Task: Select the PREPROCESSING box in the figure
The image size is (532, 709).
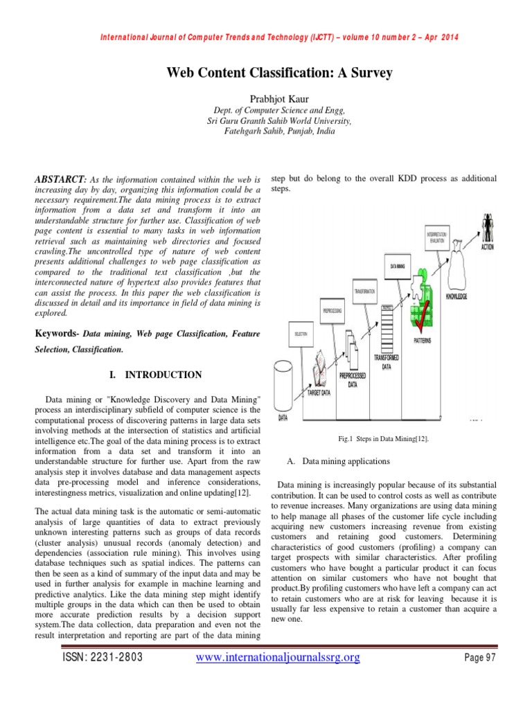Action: point(332,311)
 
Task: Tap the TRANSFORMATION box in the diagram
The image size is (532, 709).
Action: point(364,291)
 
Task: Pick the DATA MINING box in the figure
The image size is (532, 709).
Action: point(398,265)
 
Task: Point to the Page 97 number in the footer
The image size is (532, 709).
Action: point(480,676)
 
